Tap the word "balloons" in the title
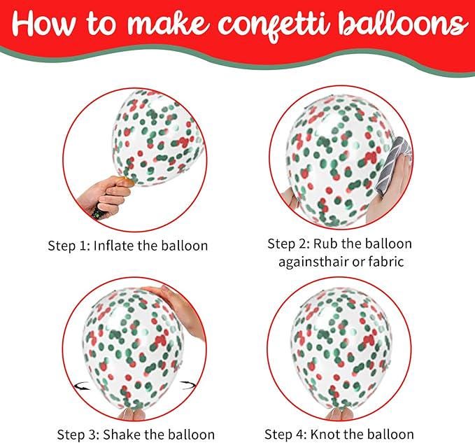point(409,25)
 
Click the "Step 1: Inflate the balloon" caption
point(128,246)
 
